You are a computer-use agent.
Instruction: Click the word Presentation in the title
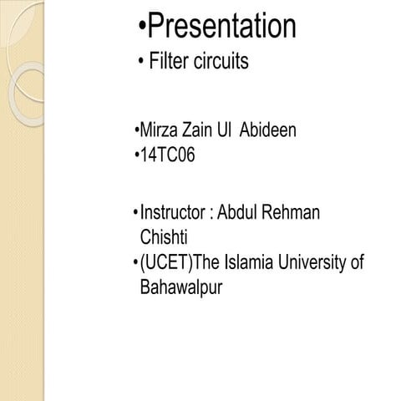coord(221,27)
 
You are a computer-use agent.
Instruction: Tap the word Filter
coord(170,63)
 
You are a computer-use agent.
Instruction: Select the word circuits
coord(221,63)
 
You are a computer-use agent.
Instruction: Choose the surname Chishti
coord(161,238)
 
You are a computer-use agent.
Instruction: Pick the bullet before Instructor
coord(136,214)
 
